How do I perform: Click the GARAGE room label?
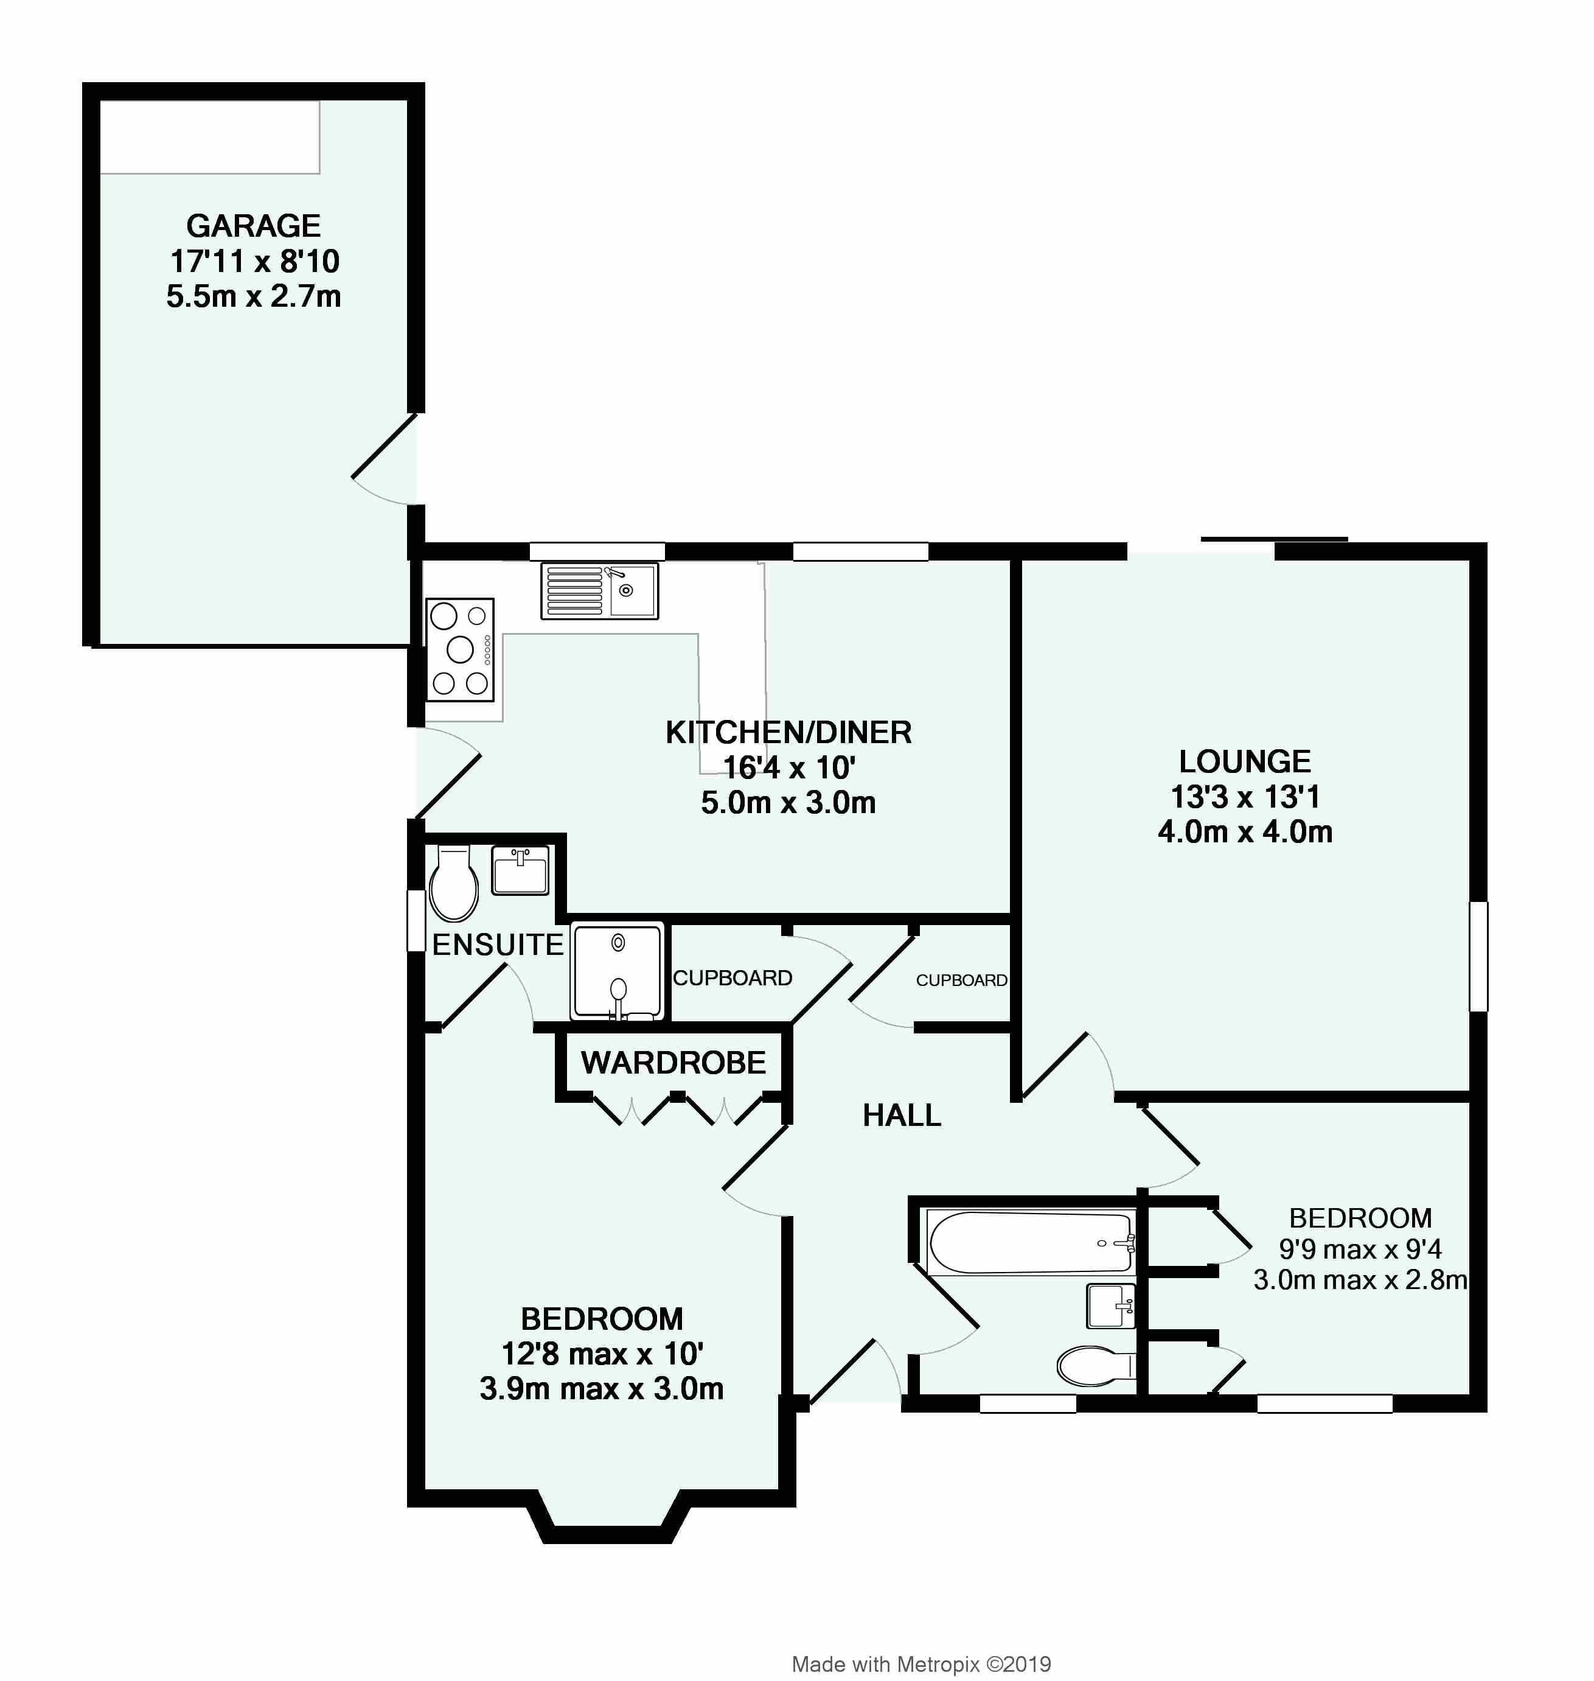point(253,226)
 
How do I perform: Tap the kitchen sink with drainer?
point(599,590)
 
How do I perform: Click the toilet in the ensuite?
point(454,884)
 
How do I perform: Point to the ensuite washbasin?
point(521,870)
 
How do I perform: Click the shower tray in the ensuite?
point(618,971)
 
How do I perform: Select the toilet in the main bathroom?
point(1096,1366)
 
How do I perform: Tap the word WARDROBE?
point(673,1062)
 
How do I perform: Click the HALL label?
point(902,1115)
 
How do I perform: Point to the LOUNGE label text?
point(1245,761)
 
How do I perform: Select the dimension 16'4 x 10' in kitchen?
point(788,767)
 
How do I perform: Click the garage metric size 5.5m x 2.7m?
point(253,296)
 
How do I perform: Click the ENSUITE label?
point(498,944)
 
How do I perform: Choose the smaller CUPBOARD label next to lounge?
point(962,980)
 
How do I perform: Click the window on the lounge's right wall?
point(1478,956)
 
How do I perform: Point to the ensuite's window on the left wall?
point(416,920)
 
